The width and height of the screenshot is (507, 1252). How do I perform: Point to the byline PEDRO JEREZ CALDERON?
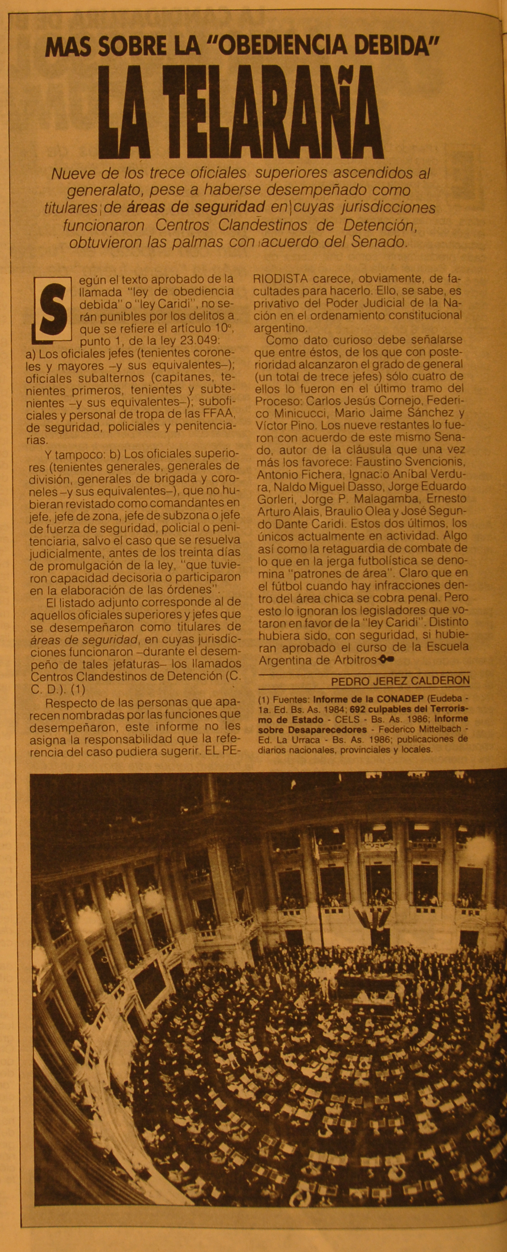pos(400,681)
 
